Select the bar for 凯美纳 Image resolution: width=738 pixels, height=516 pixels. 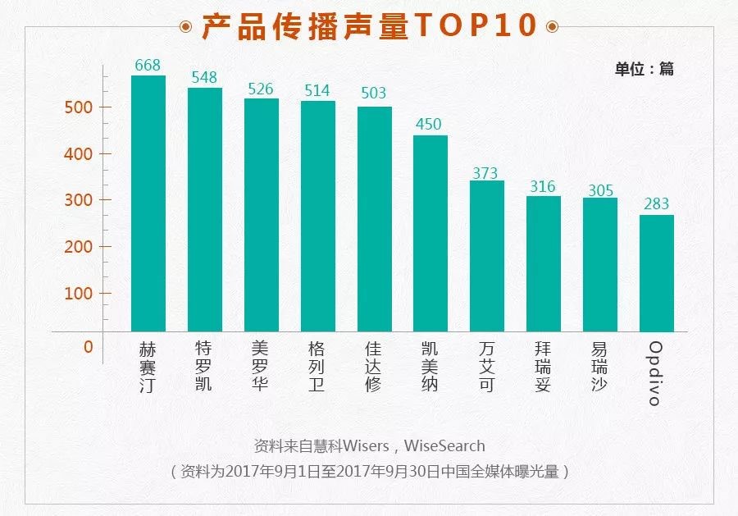click(430, 233)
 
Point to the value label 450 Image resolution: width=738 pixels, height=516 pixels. click(428, 125)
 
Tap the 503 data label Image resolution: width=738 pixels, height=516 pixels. click(373, 94)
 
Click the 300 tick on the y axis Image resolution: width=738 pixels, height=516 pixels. click(80, 200)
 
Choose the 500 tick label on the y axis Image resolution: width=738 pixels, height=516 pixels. click(80, 107)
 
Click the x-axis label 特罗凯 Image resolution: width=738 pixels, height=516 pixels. click(203, 366)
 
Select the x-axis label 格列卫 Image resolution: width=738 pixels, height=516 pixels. click(317, 366)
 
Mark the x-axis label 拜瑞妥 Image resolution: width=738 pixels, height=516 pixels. click(542, 366)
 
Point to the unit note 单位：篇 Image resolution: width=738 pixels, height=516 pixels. click(644, 69)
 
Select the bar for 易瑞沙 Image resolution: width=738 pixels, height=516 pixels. click(599, 264)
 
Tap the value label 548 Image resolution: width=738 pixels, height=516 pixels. click(205, 78)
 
